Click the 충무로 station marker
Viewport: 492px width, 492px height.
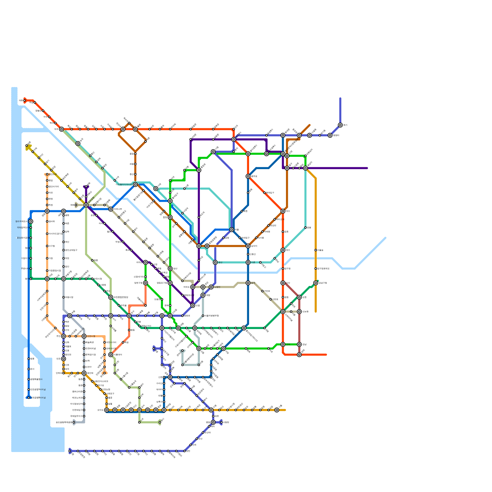(x=248, y=176)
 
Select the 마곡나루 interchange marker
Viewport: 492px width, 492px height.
(x=111, y=209)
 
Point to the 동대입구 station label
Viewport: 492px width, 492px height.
(x=270, y=193)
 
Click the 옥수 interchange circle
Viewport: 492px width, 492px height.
(x=283, y=250)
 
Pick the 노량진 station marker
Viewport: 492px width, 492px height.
(x=211, y=287)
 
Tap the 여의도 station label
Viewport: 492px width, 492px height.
(x=187, y=287)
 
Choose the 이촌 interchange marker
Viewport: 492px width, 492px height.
(x=248, y=262)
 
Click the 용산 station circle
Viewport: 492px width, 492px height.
(x=215, y=262)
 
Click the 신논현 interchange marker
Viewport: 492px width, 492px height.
(x=299, y=311)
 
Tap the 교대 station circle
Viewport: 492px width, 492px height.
(x=283, y=344)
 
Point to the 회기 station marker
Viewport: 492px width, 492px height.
(x=340, y=125)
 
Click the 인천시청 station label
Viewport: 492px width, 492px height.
(x=91, y=336)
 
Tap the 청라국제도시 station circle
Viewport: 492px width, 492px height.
(x=31, y=221)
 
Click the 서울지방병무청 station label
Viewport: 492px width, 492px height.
(x=212, y=316)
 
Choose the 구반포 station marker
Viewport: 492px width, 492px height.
(x=262, y=291)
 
